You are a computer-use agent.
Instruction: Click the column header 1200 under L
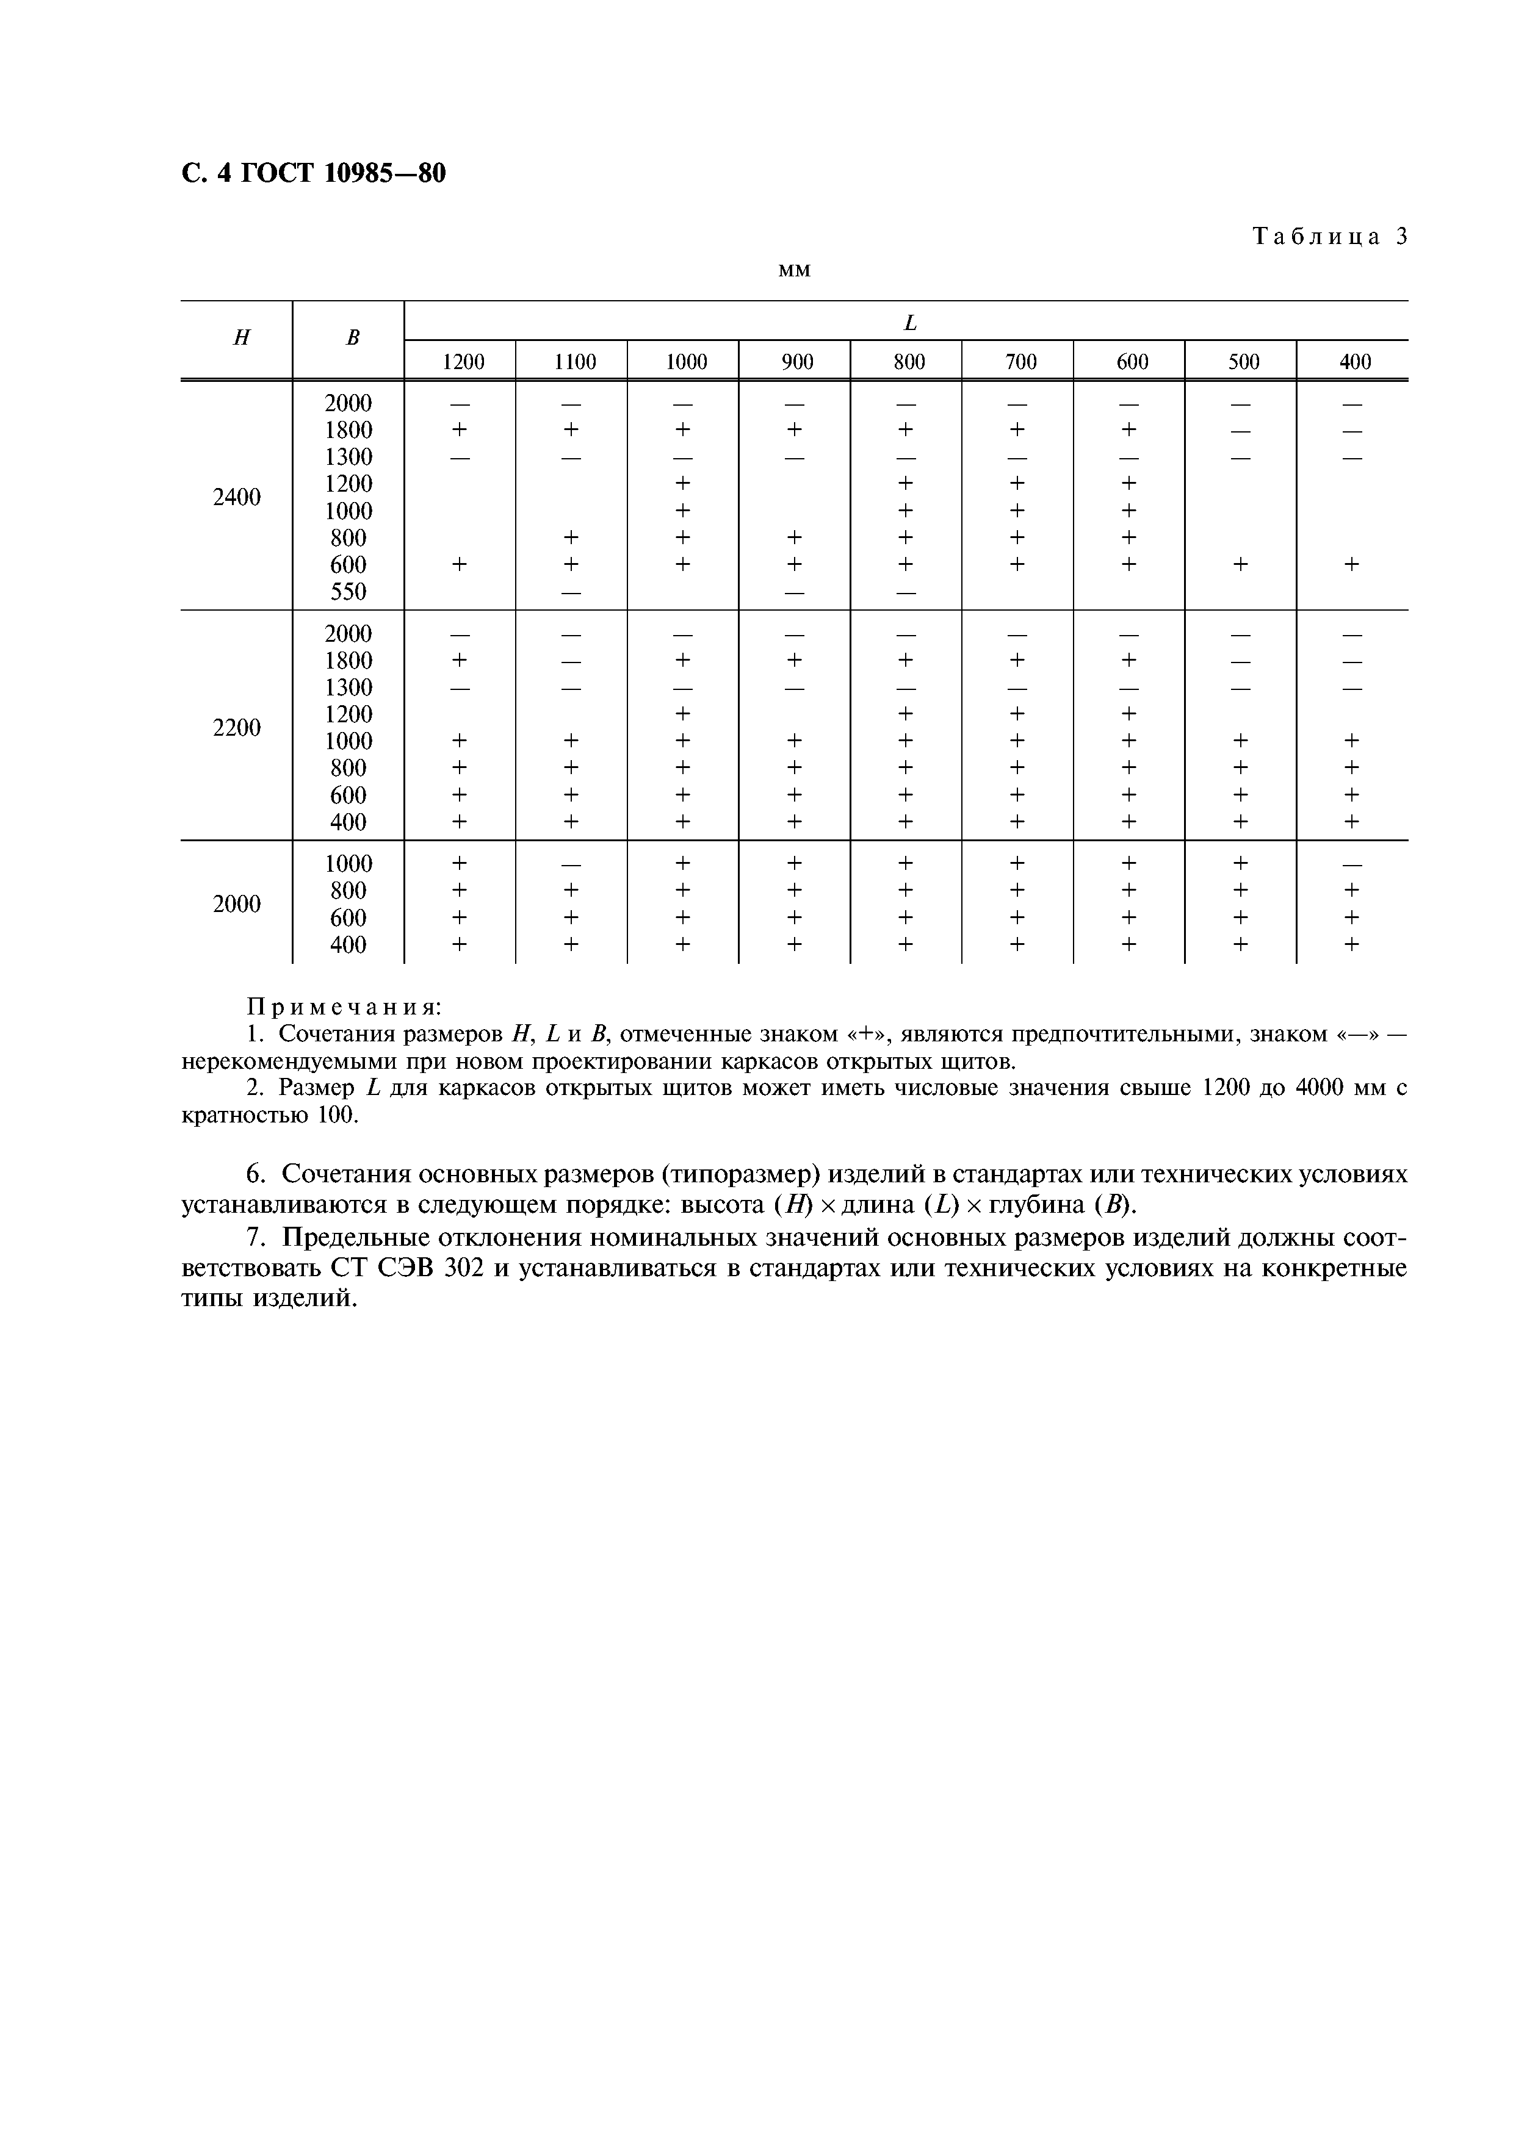463,362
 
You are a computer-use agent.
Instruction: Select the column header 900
797,362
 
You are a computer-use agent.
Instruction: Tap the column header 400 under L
1354,362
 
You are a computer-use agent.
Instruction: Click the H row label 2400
237,498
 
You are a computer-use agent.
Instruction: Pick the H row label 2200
237,728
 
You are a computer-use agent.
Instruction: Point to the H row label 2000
237,904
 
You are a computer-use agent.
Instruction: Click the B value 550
348,592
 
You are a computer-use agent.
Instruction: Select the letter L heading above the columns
910,323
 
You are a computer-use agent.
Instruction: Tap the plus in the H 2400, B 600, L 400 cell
1352,564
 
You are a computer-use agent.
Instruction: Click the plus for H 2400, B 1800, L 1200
458,429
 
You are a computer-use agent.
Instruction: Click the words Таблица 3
1329,237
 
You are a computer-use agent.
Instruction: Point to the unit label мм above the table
793,271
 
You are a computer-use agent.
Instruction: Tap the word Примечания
343,1008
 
